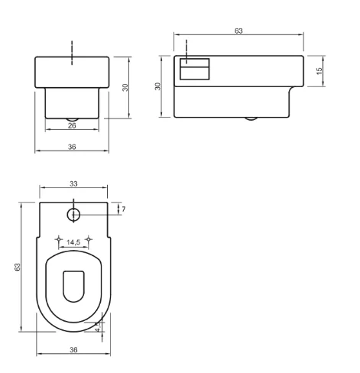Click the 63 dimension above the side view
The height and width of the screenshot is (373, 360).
tap(238, 30)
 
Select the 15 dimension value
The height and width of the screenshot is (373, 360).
tap(320, 70)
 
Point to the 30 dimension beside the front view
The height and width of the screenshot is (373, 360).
tap(125, 87)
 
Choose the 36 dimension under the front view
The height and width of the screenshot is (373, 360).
tap(71, 148)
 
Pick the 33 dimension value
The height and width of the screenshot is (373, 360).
tap(73, 184)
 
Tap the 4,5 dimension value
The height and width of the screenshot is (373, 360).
tap(97, 324)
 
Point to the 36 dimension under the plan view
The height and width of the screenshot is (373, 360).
tap(73, 349)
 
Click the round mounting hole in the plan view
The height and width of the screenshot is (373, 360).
tap(73, 215)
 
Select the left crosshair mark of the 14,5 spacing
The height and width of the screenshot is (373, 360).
tap(59, 240)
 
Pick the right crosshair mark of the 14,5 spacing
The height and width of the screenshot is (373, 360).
tap(89, 240)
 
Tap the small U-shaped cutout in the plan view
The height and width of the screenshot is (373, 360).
tap(73, 286)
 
